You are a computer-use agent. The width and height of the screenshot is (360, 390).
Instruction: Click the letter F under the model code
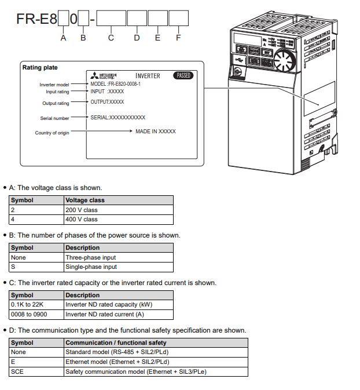point(178,38)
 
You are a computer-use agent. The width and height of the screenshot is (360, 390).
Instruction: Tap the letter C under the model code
point(111,38)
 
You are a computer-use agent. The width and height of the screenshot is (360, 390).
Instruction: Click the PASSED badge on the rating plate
point(183,75)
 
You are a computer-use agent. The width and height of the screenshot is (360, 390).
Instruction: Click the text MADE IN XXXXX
point(156,132)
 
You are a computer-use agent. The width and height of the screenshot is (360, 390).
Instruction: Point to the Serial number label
point(54,118)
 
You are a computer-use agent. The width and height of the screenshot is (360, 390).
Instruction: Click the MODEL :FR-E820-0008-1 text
point(116,84)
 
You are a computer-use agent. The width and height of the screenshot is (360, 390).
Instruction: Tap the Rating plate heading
point(40,67)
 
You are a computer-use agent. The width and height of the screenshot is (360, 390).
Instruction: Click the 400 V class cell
point(82,219)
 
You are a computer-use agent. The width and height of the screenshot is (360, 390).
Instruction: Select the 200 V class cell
point(82,210)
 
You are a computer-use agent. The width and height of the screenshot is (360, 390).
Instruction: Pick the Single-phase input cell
point(91,267)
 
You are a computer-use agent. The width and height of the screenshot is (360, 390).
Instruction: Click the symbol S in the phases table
point(13,267)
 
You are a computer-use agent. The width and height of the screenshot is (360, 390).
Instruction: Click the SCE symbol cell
point(17,371)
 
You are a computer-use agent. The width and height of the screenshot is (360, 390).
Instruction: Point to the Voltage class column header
point(85,200)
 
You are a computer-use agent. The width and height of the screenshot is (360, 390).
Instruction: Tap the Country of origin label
point(52,133)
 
